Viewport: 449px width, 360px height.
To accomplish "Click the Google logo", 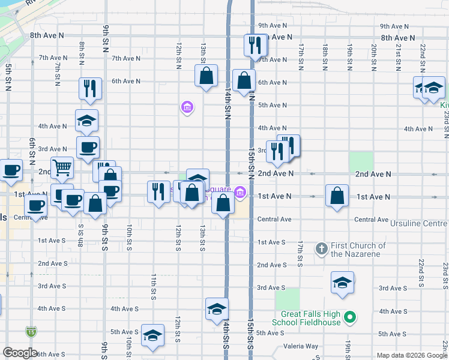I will [20, 353].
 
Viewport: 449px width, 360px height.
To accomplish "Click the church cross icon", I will [321, 247].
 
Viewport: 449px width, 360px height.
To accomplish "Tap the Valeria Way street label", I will [301, 346].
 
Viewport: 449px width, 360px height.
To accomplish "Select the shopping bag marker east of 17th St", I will [337, 196].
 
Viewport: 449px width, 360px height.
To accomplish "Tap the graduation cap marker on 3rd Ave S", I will [342, 282].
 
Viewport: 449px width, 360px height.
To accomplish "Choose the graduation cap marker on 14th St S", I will [217, 308].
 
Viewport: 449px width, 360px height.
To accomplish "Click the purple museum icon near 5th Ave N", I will [187, 107].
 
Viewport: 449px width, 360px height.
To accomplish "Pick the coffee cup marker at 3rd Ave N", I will [88, 147].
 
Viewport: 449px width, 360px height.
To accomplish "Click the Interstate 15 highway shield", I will [31, 331].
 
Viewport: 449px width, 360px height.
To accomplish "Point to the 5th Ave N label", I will [272, 105].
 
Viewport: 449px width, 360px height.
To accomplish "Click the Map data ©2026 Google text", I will [412, 355].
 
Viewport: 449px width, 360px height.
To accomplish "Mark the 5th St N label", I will [8, 77].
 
